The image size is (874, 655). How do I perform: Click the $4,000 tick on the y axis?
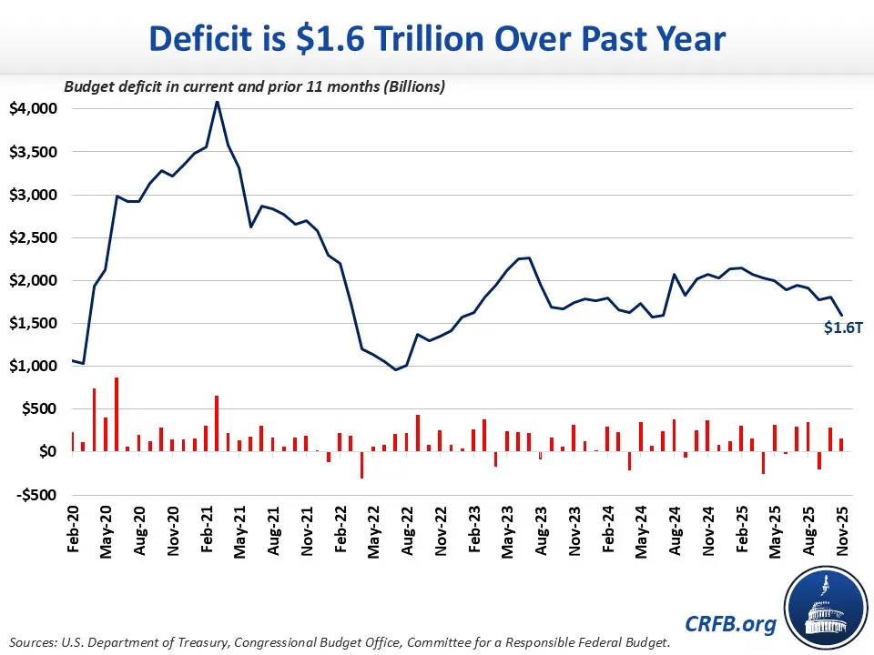(33, 108)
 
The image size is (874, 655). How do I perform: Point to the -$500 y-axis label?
(34, 495)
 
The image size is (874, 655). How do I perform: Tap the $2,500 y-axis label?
(33, 237)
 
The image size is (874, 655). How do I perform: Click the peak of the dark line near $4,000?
(217, 102)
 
